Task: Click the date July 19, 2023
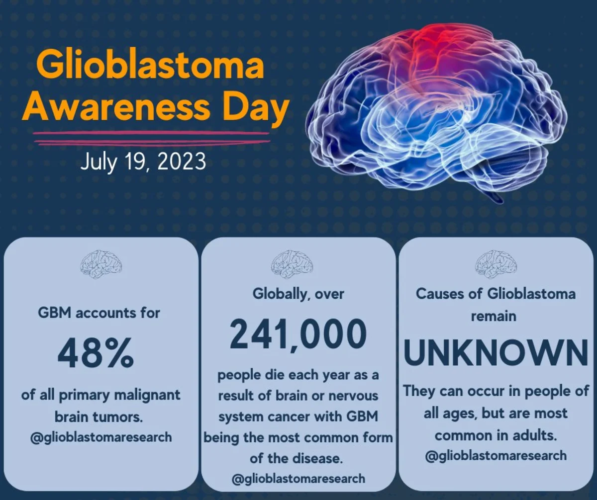pos(143,162)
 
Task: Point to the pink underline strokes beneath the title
pos(152,138)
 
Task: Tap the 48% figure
pos(96,353)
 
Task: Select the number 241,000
pos(298,334)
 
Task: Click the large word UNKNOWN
pos(496,353)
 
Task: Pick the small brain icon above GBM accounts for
pos(101,264)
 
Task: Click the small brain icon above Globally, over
pos(292,264)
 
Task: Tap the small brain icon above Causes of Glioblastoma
pos(496,264)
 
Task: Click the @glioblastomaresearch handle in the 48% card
pos(101,438)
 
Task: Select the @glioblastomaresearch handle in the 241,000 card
pos(298,479)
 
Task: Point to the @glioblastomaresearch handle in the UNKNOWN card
pos(496,456)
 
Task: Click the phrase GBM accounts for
pos(99,313)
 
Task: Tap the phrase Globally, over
pos(298,294)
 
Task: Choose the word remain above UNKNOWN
pos(494,316)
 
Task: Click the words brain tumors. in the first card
pos(99,417)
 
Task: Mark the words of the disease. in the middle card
pos(296,459)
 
